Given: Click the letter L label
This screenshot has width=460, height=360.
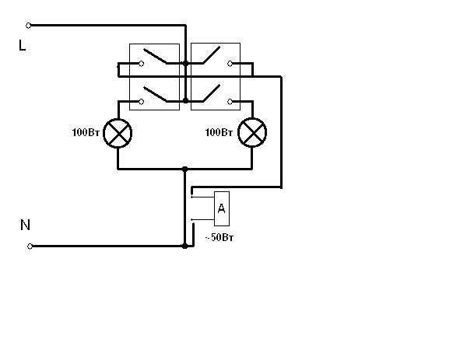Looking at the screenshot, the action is (x=22, y=45).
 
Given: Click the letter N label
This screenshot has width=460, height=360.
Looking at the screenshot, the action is (x=25, y=225).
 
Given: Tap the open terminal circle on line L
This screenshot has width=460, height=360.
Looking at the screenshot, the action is (x=28, y=26).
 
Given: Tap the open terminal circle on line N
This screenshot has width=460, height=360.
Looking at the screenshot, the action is (x=30, y=246).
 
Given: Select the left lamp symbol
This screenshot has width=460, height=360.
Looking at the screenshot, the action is (x=118, y=133).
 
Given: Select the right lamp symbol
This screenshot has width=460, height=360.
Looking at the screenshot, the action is (x=252, y=133).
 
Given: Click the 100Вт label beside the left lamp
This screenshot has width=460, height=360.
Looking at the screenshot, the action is (x=86, y=132).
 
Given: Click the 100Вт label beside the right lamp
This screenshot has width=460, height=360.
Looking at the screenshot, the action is (x=219, y=132).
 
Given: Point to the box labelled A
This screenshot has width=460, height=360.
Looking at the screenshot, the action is (x=222, y=208).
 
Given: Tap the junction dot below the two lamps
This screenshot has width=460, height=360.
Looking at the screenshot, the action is (x=184, y=170).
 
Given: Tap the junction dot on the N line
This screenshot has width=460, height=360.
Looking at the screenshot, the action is (x=184, y=246).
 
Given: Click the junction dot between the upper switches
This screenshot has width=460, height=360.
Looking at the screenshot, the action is (x=185, y=63).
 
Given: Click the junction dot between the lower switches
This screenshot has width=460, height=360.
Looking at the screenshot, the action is (x=185, y=100).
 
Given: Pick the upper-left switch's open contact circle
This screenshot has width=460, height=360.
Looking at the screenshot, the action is (x=142, y=64).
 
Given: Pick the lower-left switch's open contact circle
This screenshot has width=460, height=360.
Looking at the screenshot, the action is (x=142, y=102).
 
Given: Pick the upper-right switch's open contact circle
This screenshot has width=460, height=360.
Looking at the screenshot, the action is (x=230, y=64).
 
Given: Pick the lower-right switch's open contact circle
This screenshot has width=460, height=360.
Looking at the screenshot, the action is (x=230, y=102).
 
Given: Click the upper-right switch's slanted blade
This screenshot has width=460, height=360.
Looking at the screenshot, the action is (x=211, y=55).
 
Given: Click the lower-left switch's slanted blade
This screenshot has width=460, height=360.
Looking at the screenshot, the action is (x=155, y=94).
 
